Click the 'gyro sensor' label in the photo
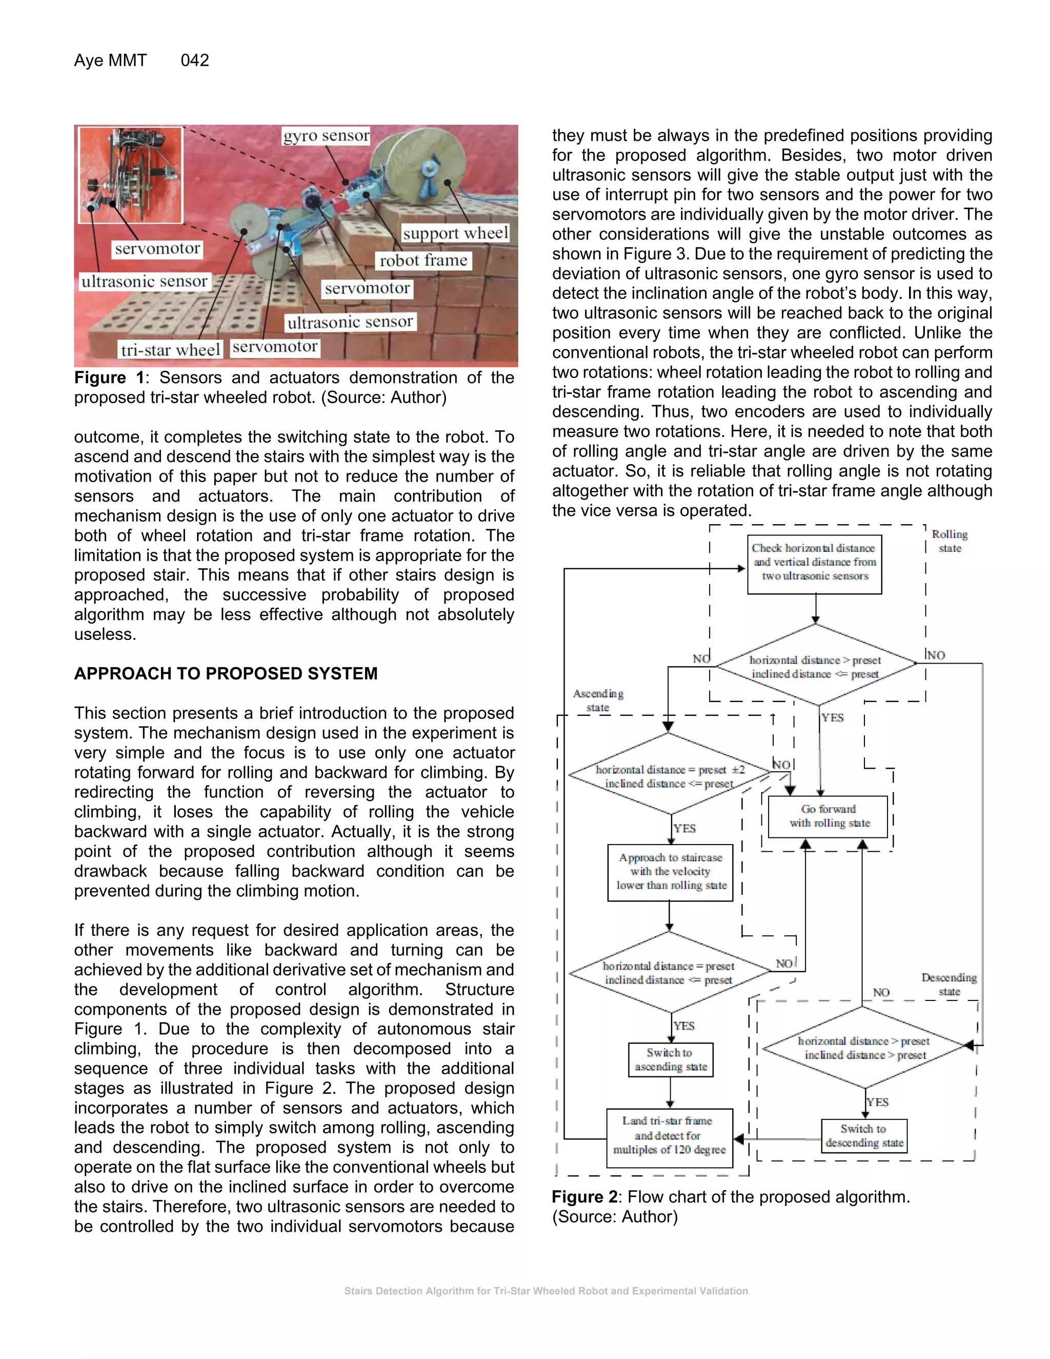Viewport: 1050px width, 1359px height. click(x=327, y=136)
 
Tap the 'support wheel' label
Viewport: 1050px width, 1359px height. click(x=455, y=233)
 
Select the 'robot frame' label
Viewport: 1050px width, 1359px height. click(x=423, y=261)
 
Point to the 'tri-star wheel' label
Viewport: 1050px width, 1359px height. click(x=170, y=350)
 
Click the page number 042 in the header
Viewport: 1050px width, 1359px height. click(x=195, y=61)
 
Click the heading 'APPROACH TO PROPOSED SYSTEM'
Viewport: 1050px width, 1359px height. click(x=226, y=673)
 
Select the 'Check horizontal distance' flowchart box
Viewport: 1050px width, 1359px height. click(x=814, y=563)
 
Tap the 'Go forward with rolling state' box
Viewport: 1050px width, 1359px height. click(x=829, y=816)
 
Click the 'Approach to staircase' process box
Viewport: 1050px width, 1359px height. click(x=671, y=872)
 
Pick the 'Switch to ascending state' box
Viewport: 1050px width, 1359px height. click(x=671, y=1060)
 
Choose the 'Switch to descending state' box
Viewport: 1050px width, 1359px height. click(x=864, y=1135)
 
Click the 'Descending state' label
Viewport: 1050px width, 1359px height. click(x=948, y=985)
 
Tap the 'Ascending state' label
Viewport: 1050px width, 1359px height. click(x=598, y=701)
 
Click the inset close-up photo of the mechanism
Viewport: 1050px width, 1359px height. click(x=131, y=175)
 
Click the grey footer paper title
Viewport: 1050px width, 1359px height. click(x=546, y=1291)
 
